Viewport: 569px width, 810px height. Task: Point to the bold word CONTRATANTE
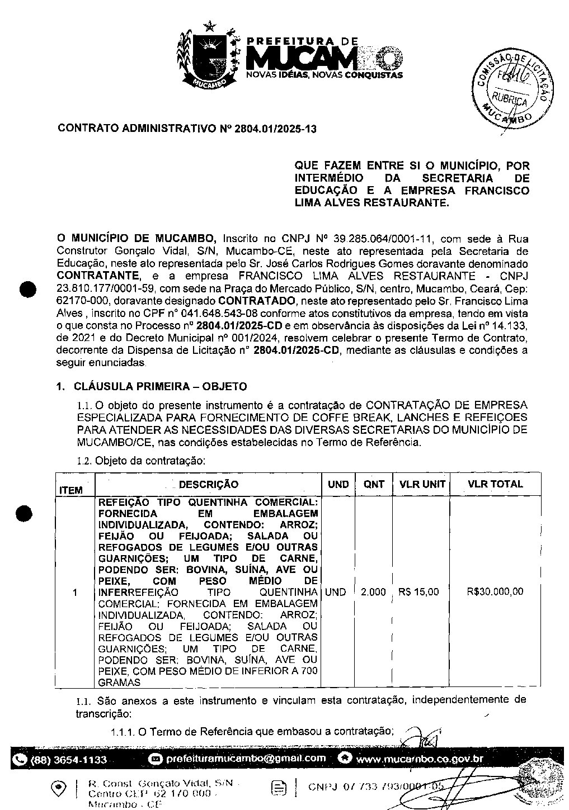(x=98, y=276)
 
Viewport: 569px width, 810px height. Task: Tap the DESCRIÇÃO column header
(x=208, y=484)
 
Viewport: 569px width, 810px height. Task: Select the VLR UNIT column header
(x=422, y=484)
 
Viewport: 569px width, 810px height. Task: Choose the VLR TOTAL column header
(x=495, y=484)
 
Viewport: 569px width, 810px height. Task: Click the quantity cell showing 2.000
(x=373, y=592)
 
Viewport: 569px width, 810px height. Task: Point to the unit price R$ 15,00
(x=418, y=592)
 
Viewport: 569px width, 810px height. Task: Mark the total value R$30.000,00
(x=495, y=592)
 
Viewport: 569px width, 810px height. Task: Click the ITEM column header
(x=71, y=490)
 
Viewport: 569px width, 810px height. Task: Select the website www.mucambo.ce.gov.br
(x=420, y=759)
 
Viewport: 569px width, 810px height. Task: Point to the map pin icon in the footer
(x=58, y=788)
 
